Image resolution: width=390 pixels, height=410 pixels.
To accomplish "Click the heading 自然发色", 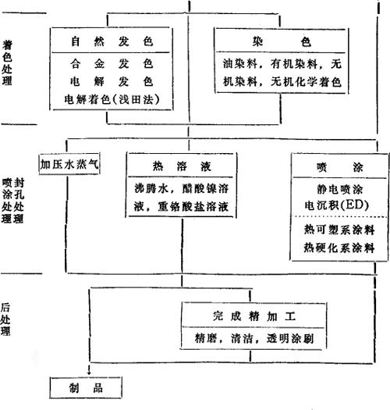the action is coord(112,41).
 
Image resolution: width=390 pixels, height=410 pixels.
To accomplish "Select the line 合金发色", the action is coord(112,63).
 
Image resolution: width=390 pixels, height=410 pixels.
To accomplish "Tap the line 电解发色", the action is coord(112,81).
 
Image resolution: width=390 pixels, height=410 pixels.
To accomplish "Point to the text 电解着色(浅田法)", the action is coord(112,99).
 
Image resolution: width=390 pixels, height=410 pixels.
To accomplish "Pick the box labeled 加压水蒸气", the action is coord(69,164).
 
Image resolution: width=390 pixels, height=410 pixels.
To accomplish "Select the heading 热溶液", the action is coord(182,166).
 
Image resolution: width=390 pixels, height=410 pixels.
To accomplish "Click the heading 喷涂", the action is coord(339,167).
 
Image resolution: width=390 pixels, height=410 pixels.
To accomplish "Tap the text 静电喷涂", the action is coord(339,190).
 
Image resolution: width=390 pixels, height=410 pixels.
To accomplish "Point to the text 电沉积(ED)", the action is coord(337,205).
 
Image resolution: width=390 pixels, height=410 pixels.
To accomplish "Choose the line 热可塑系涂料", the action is coord(339,230).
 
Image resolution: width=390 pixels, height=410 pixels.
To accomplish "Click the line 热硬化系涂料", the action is coord(339,248).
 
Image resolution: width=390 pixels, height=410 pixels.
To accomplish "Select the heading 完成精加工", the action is coord(254,316).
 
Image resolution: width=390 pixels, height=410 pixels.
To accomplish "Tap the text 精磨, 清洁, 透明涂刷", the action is coord(254,339).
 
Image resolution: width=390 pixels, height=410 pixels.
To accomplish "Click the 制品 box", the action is coord(86,387).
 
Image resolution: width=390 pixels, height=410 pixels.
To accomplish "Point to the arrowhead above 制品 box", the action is coord(90,373).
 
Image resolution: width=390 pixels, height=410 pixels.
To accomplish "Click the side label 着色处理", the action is coord(7,62).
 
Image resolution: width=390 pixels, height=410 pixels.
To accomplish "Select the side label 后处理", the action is coord(5,319).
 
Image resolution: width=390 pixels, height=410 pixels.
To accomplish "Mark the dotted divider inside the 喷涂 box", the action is coord(339,217).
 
